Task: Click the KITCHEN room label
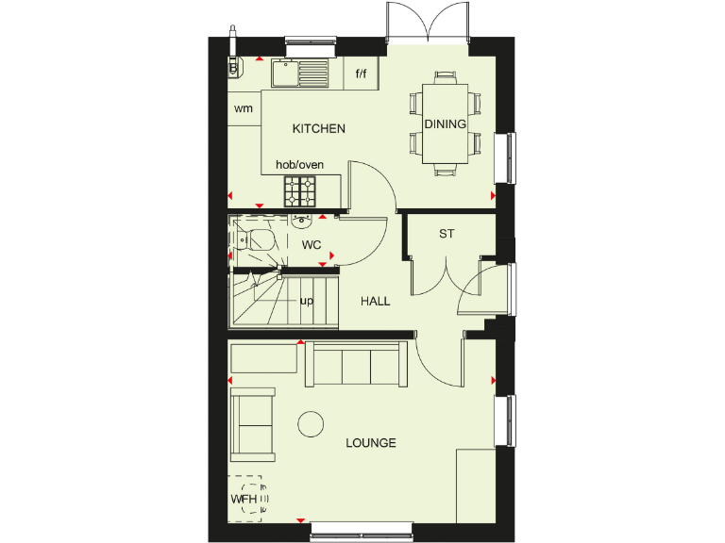pyautogui.click(x=318, y=129)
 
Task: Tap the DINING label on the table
pyautogui.click(x=445, y=123)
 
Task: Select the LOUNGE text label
pyautogui.click(x=370, y=443)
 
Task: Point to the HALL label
pyautogui.click(x=375, y=302)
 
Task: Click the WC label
pyautogui.click(x=312, y=245)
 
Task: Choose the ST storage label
pyautogui.click(x=446, y=233)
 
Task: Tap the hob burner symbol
pyautogui.click(x=300, y=190)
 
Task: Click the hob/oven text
pyautogui.click(x=299, y=165)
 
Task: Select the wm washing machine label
pyautogui.click(x=244, y=108)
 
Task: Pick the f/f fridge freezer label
pyautogui.click(x=361, y=74)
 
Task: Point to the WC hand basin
pyautogui.click(x=301, y=222)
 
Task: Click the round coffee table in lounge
pyautogui.click(x=312, y=425)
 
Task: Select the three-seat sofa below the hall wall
pyautogui.click(x=356, y=365)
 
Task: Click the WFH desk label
pyautogui.click(x=244, y=499)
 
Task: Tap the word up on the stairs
pyautogui.click(x=306, y=302)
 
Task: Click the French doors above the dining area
pyautogui.click(x=429, y=21)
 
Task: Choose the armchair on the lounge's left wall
pyautogui.click(x=253, y=424)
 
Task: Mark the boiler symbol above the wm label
pyautogui.click(x=232, y=66)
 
